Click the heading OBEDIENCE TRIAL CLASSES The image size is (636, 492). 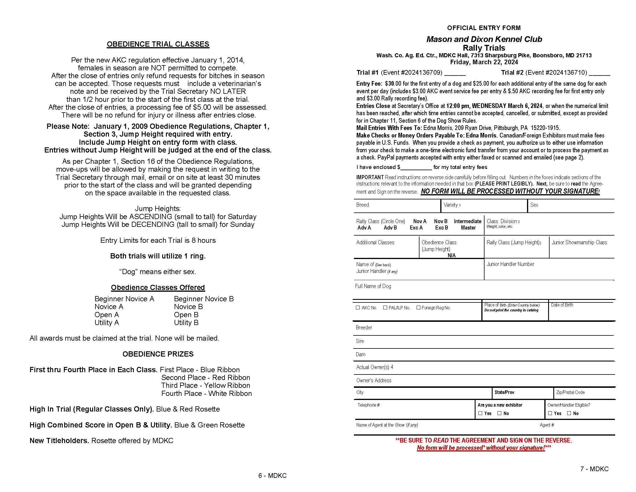click(x=158, y=44)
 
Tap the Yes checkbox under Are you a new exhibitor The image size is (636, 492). click(x=480, y=413)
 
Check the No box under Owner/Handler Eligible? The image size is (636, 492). click(x=569, y=413)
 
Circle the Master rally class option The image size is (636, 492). click(x=468, y=228)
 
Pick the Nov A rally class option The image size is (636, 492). click(x=420, y=221)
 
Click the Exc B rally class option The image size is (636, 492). click(x=441, y=228)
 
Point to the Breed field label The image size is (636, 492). click(x=363, y=205)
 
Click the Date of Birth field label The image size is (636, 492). click(x=562, y=305)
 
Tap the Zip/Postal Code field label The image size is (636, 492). click(x=570, y=392)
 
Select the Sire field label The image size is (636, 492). click(x=360, y=341)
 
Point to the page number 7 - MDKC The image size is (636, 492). click(x=594, y=469)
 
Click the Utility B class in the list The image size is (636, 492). click(x=186, y=323)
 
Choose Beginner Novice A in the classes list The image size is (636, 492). click(x=124, y=299)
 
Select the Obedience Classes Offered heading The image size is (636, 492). click(x=158, y=288)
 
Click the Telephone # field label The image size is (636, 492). click(x=369, y=405)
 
